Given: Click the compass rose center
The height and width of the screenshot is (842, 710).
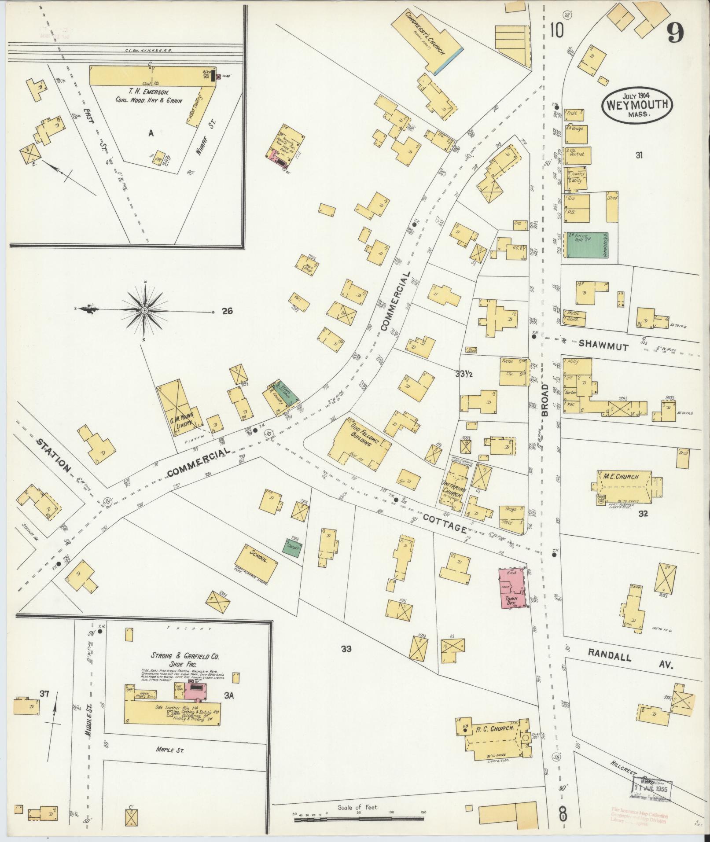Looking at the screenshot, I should (x=144, y=311).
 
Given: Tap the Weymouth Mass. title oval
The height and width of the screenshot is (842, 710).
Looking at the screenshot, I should (x=638, y=105).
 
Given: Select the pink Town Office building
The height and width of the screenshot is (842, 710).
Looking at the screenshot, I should (x=512, y=588).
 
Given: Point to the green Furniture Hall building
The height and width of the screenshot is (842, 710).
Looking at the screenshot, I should (x=586, y=246).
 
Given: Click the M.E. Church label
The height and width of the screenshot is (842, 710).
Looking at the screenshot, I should (x=621, y=477).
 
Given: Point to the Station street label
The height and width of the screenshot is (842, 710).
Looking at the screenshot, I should (x=52, y=454).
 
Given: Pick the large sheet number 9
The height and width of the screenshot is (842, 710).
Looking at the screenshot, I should (x=675, y=32).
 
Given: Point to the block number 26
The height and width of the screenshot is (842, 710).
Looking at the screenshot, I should (x=227, y=311).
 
